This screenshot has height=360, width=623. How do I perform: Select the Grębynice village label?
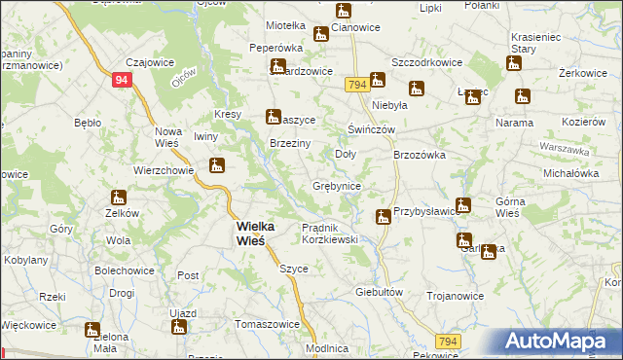tap(338, 186)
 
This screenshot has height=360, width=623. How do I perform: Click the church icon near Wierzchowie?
tap(217, 166)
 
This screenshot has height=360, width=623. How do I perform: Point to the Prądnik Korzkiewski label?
tap(331, 233)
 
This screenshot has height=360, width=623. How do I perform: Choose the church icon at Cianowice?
tap(344, 12)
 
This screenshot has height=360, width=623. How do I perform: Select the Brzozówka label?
tap(419, 155)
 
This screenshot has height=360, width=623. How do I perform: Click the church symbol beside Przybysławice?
tap(385, 216)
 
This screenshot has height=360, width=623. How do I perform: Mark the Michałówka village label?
tap(571, 172)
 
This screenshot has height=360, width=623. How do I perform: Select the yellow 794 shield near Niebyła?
tap(356, 86)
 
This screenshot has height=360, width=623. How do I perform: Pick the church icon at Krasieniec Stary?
tap(514, 64)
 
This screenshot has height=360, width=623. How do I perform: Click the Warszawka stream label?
tap(566, 152)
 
